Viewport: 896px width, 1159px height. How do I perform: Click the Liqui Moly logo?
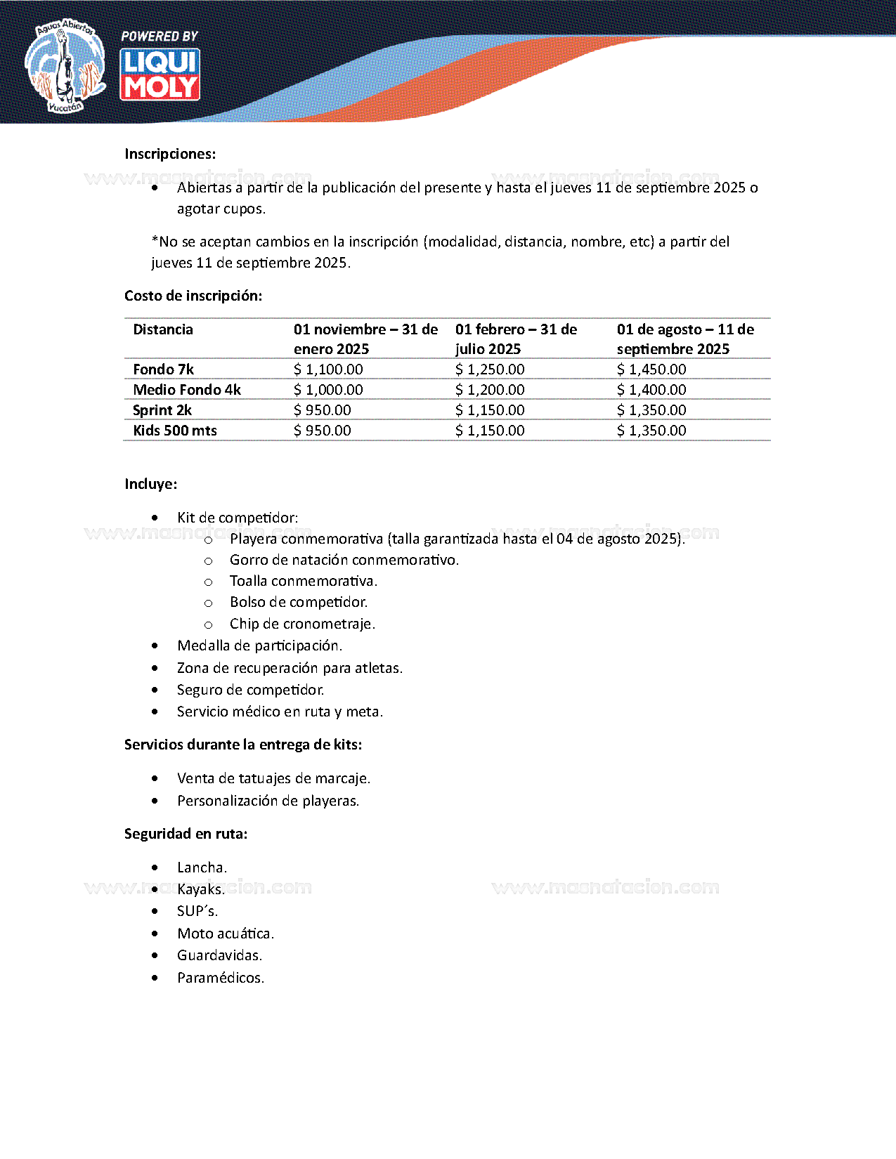pos(160,74)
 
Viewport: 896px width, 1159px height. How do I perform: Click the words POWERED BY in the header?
pos(160,36)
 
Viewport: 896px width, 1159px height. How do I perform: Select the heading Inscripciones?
pos(170,154)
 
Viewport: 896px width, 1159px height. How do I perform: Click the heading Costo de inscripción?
pos(193,296)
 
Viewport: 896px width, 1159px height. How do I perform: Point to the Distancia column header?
pos(163,329)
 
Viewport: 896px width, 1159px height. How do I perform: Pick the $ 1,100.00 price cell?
pos(328,369)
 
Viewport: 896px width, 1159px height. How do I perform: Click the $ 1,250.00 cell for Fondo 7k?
pos(490,369)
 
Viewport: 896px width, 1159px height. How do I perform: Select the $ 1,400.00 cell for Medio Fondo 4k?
pos(651,390)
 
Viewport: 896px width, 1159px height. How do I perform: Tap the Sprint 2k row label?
pos(162,410)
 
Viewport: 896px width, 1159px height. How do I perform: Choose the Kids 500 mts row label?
pos(175,431)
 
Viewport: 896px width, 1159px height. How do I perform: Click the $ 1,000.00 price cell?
pos(328,390)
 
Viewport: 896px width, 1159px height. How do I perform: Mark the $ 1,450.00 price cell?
pos(651,369)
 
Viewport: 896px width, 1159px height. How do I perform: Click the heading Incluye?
pos(151,484)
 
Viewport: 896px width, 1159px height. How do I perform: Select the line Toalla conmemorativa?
pos(304,581)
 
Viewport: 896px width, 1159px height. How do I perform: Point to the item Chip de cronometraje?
pos(302,624)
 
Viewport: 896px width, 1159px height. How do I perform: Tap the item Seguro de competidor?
pos(250,690)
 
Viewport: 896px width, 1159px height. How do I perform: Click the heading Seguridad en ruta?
pos(186,834)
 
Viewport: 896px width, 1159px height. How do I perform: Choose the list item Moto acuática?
pos(226,934)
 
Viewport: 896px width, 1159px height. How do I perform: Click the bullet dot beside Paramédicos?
pos(155,978)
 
